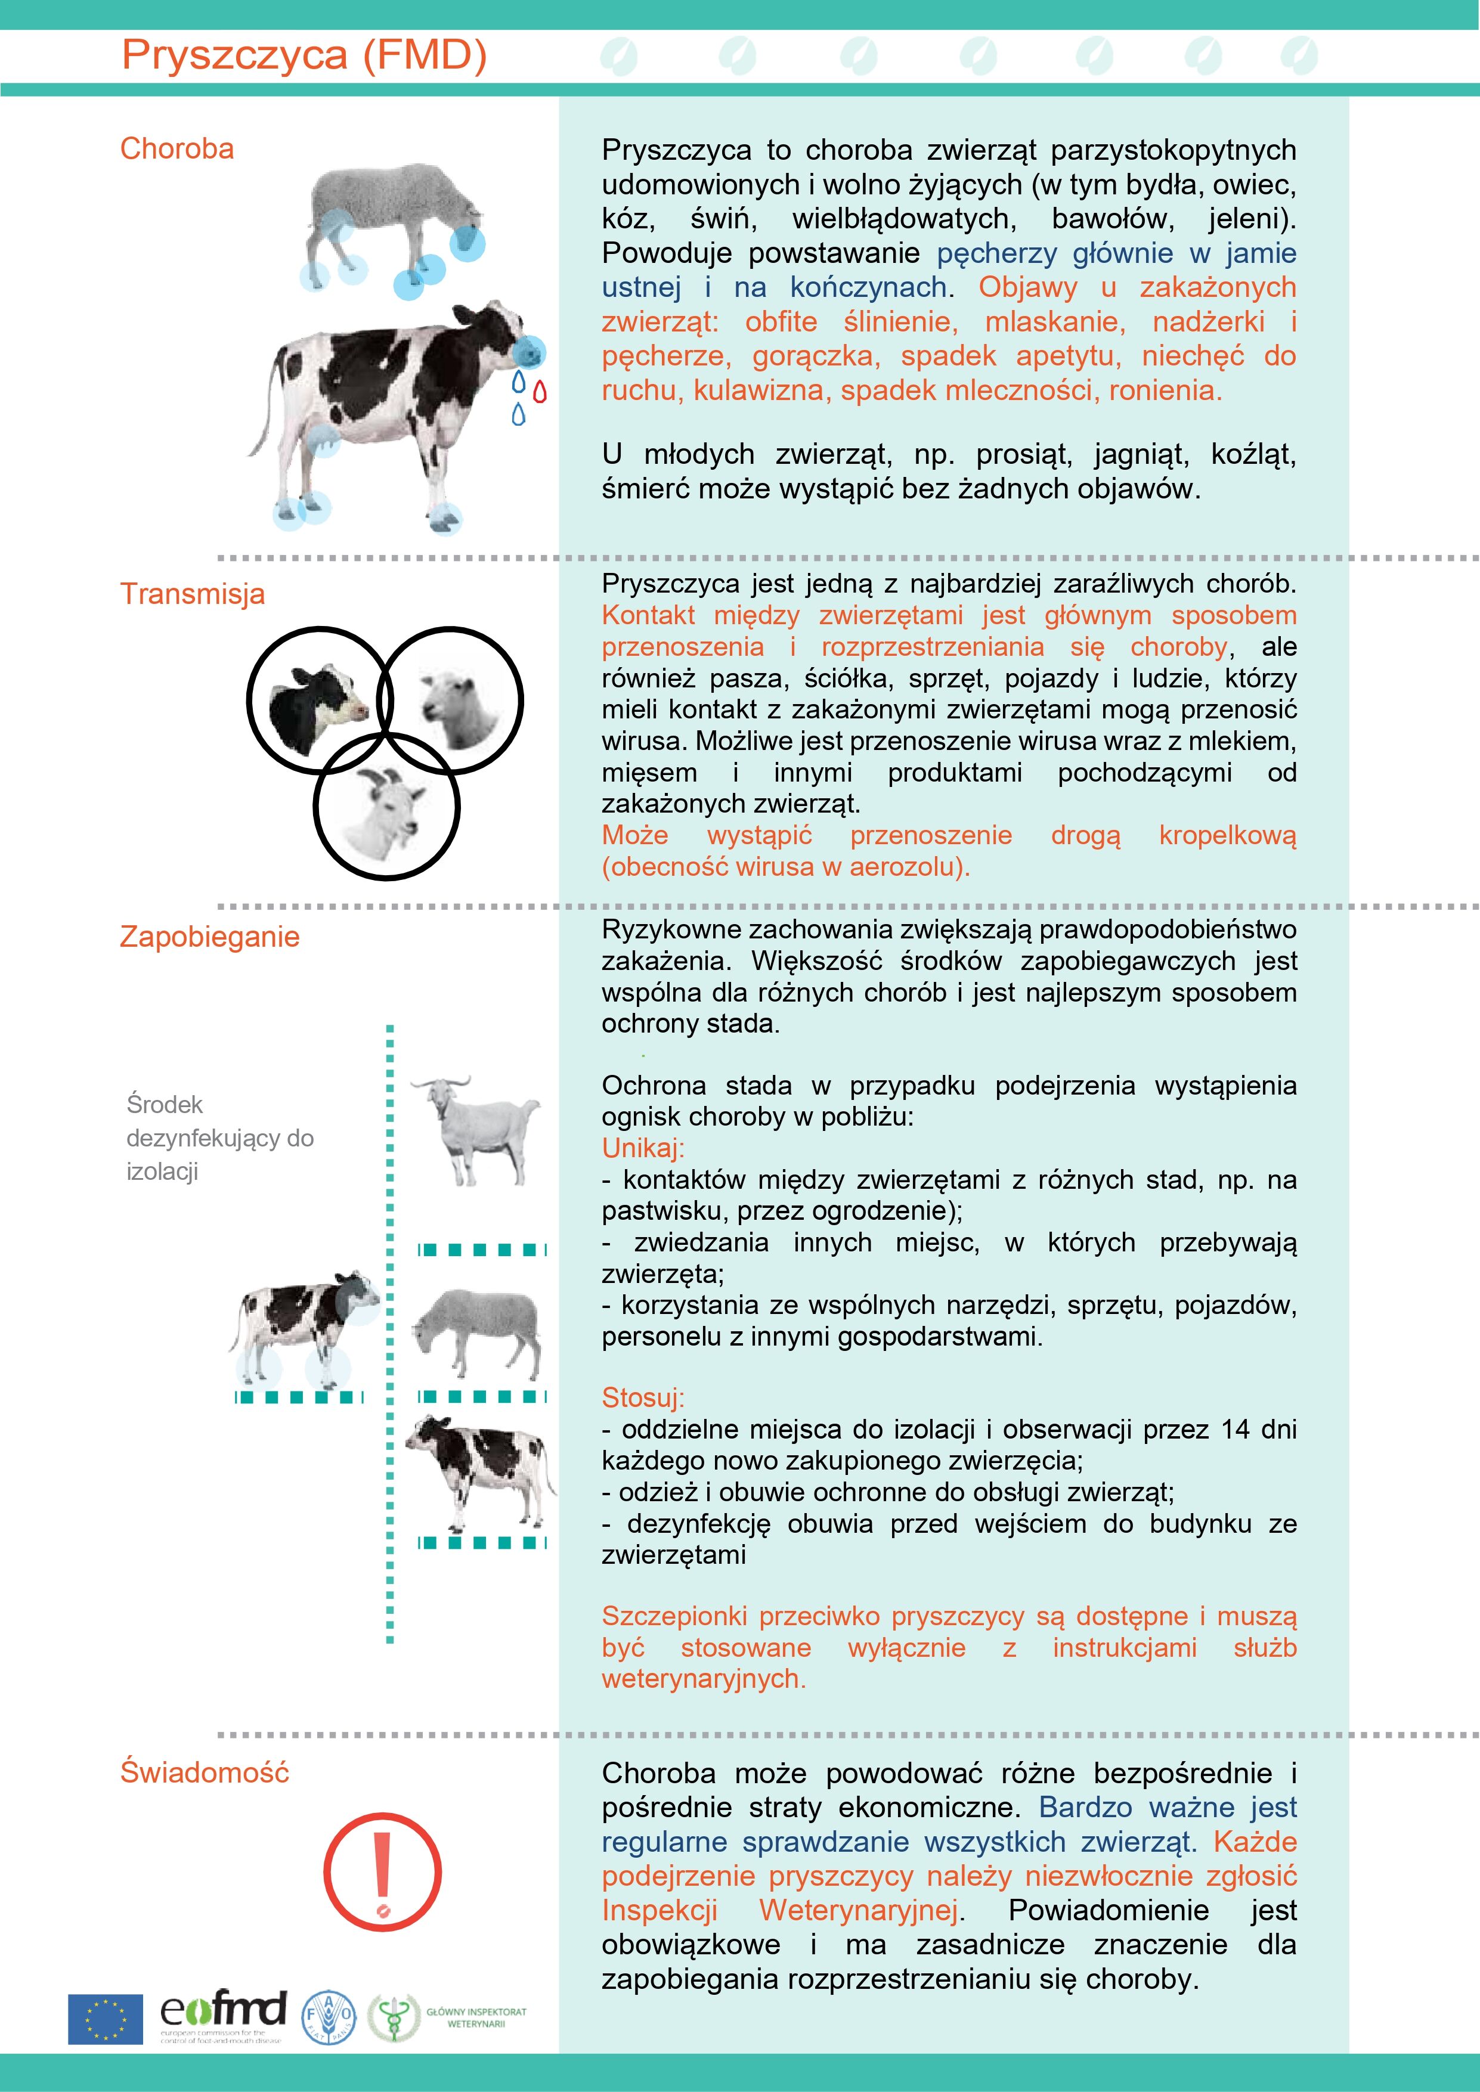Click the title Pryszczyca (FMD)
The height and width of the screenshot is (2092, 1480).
(x=304, y=55)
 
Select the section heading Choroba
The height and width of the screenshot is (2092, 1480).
(x=177, y=148)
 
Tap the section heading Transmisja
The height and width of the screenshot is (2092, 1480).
(x=192, y=594)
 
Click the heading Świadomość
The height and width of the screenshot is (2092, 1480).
(x=204, y=1772)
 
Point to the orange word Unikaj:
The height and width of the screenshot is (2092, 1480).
(x=642, y=1148)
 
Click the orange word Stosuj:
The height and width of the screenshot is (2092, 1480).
(x=642, y=1397)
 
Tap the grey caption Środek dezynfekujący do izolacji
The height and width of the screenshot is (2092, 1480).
(x=219, y=1138)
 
